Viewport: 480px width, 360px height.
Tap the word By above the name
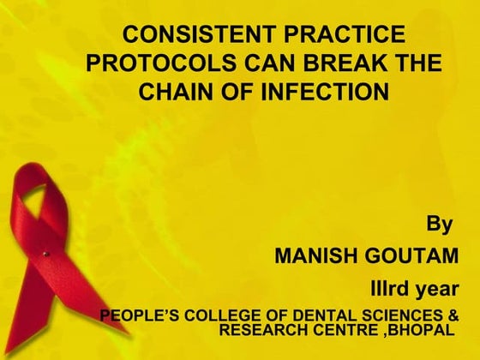(x=439, y=226)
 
